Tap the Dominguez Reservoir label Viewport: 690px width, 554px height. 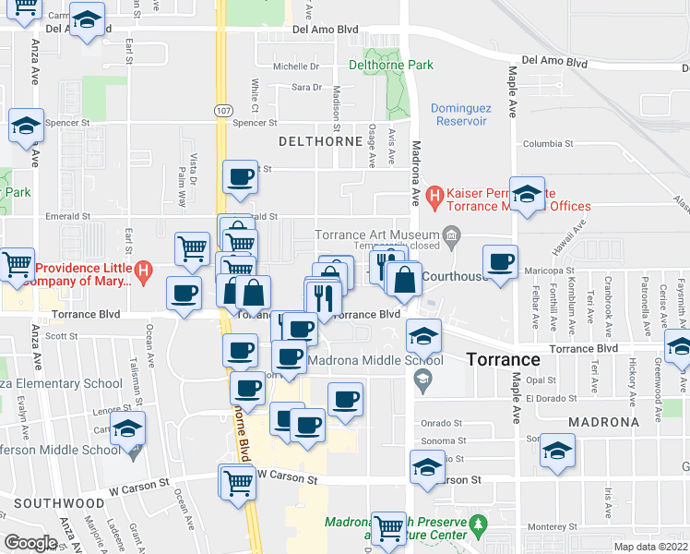point(458,114)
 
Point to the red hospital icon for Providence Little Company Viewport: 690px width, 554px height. point(143,271)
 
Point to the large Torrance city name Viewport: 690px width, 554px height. point(502,360)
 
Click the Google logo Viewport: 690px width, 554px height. point(30,543)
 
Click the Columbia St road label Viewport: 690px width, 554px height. point(548,144)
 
